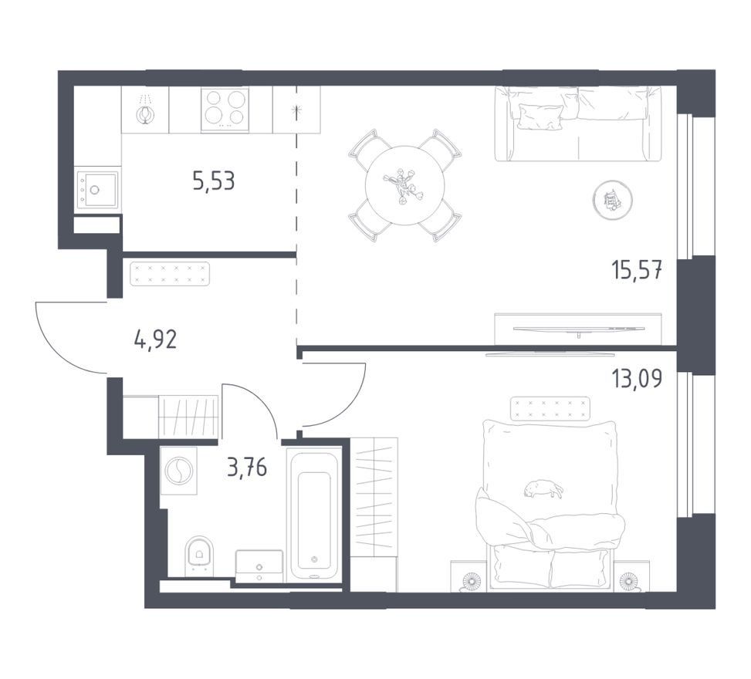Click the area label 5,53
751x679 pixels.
click(x=214, y=181)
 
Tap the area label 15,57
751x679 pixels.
click(x=638, y=270)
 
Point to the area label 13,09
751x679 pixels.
click(x=638, y=378)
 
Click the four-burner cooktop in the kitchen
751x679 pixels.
click(x=225, y=110)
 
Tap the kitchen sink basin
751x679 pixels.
click(x=96, y=190)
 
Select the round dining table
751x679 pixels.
click(x=405, y=185)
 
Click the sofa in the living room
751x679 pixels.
click(x=577, y=123)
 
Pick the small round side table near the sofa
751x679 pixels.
click(x=612, y=200)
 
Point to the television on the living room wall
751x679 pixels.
click(x=579, y=329)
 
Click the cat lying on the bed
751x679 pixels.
click(x=543, y=489)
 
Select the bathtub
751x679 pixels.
click(x=313, y=515)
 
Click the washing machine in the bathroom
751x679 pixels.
click(x=178, y=471)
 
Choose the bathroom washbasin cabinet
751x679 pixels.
click(x=259, y=566)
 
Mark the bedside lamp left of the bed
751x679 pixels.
click(x=471, y=581)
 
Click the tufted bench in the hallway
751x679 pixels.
click(x=170, y=274)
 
